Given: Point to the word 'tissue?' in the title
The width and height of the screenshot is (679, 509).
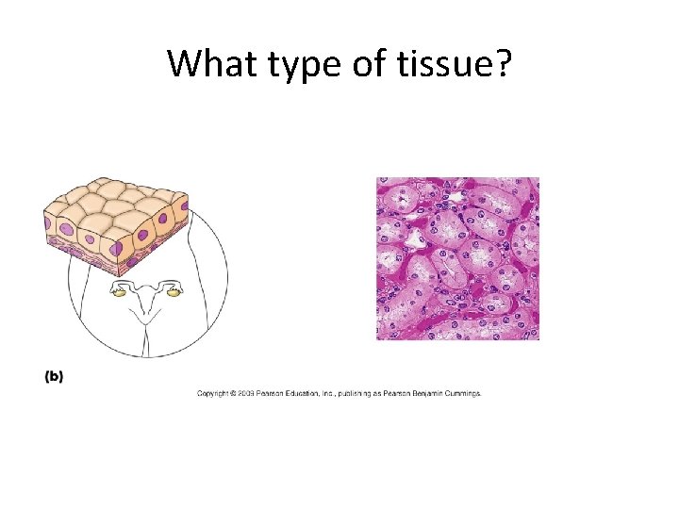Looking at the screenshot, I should [x=452, y=64].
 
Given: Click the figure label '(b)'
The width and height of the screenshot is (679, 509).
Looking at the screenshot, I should [x=54, y=376].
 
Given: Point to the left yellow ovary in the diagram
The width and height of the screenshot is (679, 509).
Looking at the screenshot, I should [x=120, y=293].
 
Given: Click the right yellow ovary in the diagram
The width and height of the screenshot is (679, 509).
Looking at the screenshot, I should [x=174, y=293].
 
